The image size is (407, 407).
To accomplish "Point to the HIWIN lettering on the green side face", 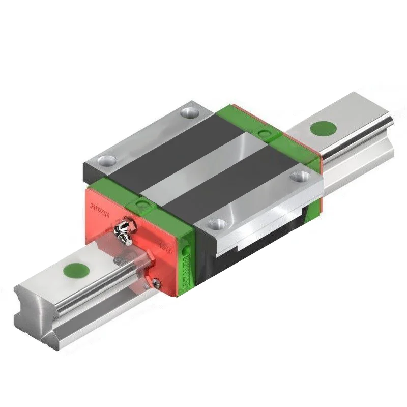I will pos(190,270).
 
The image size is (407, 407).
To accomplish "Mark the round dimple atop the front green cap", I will pos(142,205).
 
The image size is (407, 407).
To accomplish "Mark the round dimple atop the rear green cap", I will pos(263,133).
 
